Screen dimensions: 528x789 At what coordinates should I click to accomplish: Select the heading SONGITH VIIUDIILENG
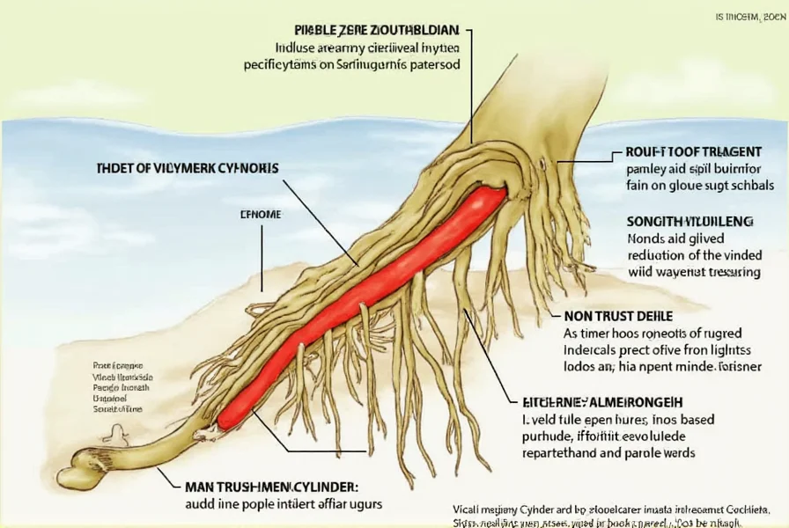coord(690,222)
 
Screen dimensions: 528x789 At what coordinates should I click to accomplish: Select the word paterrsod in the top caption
coord(430,64)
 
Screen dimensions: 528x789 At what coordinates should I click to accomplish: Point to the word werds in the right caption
coord(675,453)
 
